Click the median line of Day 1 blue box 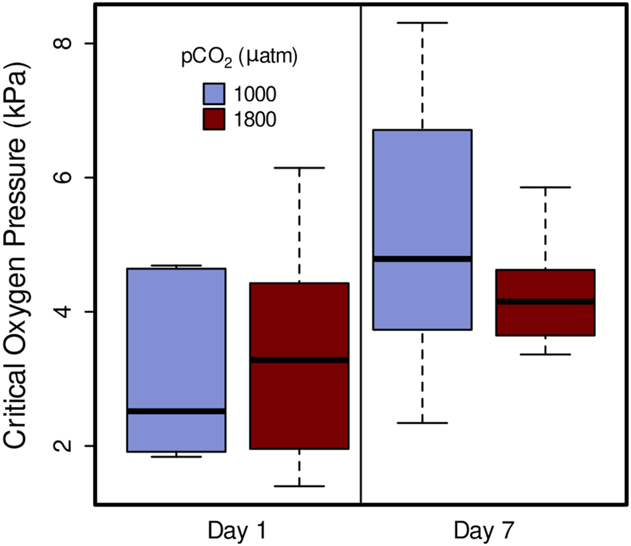pos(177,411)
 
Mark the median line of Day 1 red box pos(299,360)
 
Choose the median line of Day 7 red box pos(545,302)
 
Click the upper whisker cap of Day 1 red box pos(299,168)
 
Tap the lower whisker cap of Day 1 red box pos(299,486)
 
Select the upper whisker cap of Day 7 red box pos(545,187)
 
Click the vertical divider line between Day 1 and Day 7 pos(361,266)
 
